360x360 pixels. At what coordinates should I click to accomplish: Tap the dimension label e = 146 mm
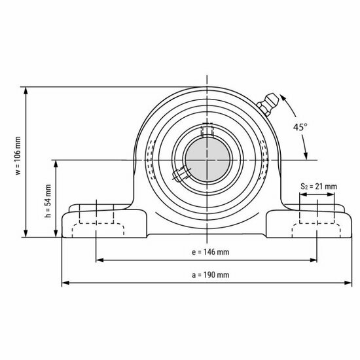pos(207,251)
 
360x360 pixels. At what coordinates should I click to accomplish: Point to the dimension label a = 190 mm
pos(207,275)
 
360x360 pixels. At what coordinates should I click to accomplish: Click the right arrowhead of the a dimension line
pos(347,283)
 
